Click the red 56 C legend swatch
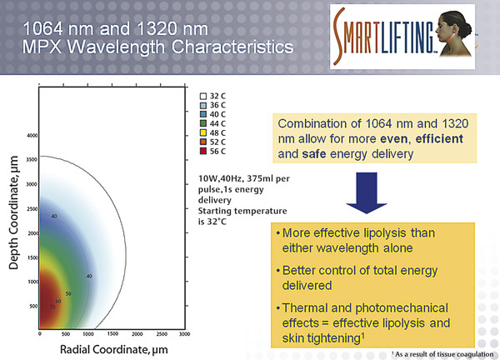(x=202, y=152)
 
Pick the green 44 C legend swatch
(x=202, y=123)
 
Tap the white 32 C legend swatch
(x=202, y=95)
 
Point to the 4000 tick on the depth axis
(x=32, y=135)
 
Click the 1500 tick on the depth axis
(x=32, y=257)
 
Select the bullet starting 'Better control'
(x=358, y=276)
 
